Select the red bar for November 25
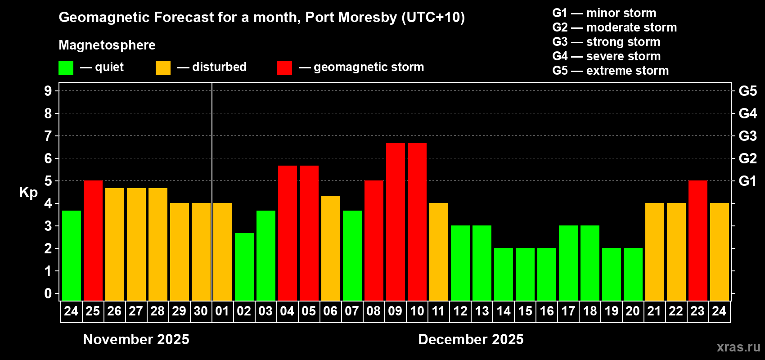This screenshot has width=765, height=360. [93, 240]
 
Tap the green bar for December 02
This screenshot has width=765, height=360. [244, 266]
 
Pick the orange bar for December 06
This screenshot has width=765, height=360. [330, 248]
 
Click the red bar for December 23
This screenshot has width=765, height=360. [697, 240]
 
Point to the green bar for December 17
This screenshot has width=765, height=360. [568, 263]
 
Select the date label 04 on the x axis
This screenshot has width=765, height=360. [287, 311]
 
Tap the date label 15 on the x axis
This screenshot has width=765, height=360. [525, 311]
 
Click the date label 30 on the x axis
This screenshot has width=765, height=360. [201, 311]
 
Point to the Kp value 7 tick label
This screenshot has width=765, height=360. [48, 136]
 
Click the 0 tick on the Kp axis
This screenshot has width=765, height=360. [48, 293]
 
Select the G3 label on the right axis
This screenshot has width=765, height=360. [747, 136]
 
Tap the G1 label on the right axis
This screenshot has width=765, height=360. [747, 181]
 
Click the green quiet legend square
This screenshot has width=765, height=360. [66, 68]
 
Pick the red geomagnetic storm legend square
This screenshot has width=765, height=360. [284, 68]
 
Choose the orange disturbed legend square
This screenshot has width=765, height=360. [163, 68]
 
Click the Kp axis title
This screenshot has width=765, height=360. [28, 192]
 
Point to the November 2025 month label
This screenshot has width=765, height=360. [136, 339]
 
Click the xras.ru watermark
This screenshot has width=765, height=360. [738, 347]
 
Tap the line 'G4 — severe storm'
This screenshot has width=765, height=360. [606, 56]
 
